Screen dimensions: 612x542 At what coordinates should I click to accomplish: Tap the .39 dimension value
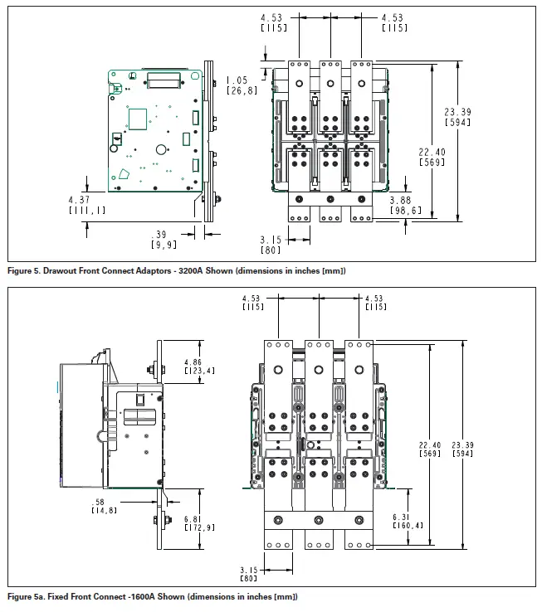point(161,235)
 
